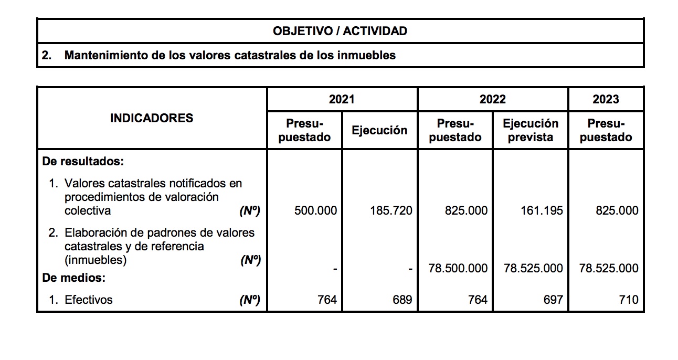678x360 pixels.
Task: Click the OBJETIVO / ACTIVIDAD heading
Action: click(x=340, y=31)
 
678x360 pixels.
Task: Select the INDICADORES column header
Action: click(x=152, y=118)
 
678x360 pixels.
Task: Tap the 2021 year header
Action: click(x=342, y=99)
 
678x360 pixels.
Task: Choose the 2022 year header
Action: click(x=492, y=99)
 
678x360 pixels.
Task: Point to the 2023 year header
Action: click(x=606, y=99)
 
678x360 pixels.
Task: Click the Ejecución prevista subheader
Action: click(x=531, y=130)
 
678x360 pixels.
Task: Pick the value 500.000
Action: click(x=316, y=211)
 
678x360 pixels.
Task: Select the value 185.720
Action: click(x=391, y=211)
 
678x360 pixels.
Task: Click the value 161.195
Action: click(x=542, y=211)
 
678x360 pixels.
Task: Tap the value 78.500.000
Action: click(x=458, y=268)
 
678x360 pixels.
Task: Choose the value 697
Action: click(x=553, y=300)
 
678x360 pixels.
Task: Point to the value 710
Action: click(x=629, y=300)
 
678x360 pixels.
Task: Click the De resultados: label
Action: click(x=82, y=161)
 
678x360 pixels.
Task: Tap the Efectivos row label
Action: click(x=88, y=300)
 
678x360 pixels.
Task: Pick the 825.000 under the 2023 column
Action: click(x=617, y=211)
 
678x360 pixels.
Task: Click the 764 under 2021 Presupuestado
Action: click(x=327, y=300)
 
